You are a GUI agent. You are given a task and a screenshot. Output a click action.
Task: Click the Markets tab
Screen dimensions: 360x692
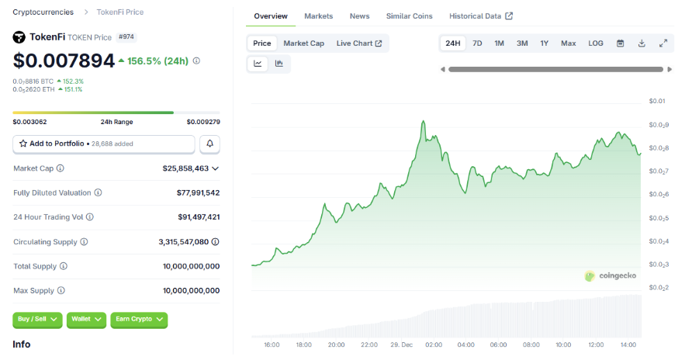pos(318,16)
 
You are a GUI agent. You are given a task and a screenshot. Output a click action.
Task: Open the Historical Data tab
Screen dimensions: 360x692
pos(480,16)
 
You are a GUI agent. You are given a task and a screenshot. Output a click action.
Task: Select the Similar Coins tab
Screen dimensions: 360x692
pos(409,16)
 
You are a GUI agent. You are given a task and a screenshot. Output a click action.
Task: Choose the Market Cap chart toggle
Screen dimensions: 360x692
pos(303,43)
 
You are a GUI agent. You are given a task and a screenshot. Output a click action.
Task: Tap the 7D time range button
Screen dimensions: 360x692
pos(477,43)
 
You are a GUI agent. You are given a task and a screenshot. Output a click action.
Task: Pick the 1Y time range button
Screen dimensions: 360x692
pos(545,43)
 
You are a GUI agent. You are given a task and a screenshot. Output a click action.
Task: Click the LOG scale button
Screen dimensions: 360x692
pos(596,43)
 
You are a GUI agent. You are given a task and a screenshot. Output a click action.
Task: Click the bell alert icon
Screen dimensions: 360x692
pos(209,144)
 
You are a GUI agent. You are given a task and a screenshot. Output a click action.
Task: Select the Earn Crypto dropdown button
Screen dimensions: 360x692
pos(139,319)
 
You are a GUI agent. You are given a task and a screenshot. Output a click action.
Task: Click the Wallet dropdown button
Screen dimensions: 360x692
pos(86,319)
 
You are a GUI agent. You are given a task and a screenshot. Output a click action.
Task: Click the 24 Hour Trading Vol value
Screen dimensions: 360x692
pos(198,217)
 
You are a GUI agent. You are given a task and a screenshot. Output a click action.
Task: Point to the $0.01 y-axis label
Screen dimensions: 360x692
pos(657,101)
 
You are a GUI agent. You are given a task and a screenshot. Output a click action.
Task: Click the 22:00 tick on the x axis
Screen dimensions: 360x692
pos(369,344)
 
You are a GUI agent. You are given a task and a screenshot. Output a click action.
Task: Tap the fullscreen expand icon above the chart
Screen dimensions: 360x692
pos(663,43)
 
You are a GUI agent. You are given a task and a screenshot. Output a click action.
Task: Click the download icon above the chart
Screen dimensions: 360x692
pos(642,43)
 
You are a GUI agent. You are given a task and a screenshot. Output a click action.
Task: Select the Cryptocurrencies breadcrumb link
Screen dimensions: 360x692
pos(43,12)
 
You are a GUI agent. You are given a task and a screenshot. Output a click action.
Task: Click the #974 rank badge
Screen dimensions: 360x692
pos(126,36)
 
